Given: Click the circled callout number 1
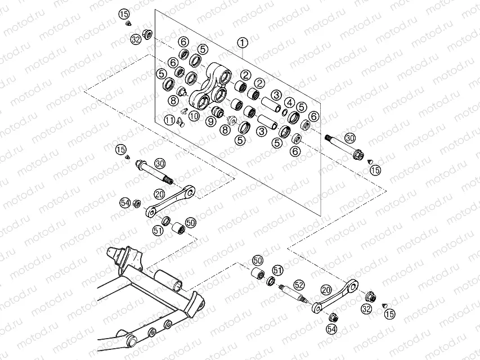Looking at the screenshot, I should (x=243, y=42).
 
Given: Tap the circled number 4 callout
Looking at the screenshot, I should (x=289, y=102).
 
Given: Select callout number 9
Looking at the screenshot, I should (x=211, y=120).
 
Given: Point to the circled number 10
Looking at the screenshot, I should (x=194, y=116).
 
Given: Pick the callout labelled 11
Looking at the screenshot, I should (x=169, y=119).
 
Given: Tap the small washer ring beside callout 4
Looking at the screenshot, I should (x=286, y=113).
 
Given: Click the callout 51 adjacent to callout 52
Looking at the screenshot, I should (x=277, y=271).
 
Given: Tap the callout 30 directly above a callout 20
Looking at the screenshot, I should (x=159, y=163).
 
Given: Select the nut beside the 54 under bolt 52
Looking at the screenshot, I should (x=332, y=317).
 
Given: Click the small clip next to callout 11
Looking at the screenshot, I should (x=180, y=122).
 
